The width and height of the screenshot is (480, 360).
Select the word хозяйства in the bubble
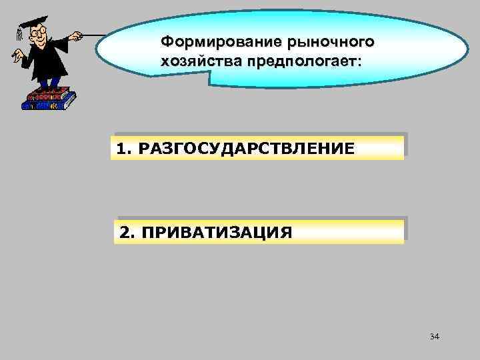191,61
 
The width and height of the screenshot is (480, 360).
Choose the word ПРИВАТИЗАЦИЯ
217,233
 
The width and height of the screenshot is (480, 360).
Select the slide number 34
435,337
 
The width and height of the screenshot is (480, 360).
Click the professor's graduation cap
29,23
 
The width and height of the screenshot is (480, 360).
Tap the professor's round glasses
38,33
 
